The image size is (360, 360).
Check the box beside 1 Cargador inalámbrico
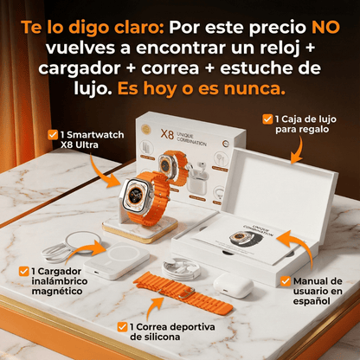pos(23,272)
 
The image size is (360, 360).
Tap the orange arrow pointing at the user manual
pos(292,247)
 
